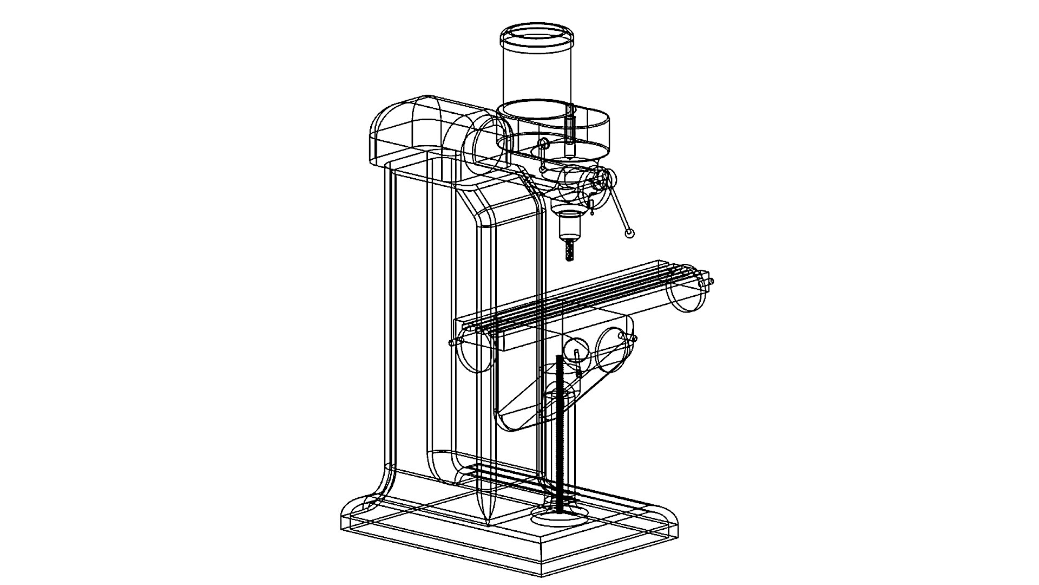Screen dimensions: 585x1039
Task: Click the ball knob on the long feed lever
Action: (629, 233)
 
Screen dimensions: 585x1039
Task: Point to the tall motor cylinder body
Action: (536, 76)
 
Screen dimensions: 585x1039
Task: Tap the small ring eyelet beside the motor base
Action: (544, 143)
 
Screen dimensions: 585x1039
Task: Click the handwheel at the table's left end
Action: (476, 352)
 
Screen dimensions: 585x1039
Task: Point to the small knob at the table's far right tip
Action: (711, 282)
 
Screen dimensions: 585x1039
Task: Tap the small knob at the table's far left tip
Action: (452, 343)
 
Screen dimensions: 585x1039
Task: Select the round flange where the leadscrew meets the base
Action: (560, 517)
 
